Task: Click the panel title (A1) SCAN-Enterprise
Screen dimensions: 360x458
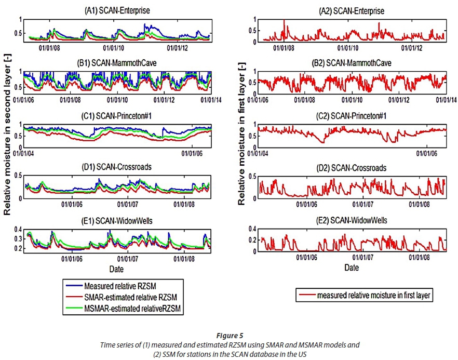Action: point(118,11)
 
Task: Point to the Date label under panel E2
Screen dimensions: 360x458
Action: point(352,268)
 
